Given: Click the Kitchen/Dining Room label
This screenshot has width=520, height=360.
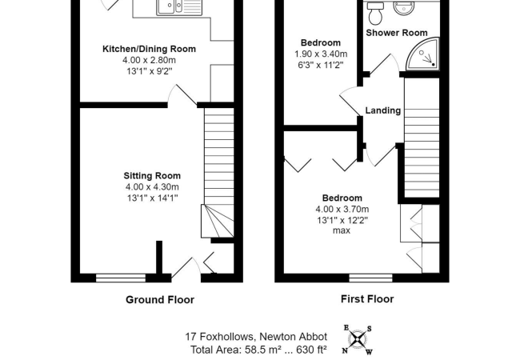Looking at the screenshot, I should click(x=149, y=49).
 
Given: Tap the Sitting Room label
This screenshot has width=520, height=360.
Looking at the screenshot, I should click(x=152, y=176).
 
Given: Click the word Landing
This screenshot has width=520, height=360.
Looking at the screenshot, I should click(x=382, y=110).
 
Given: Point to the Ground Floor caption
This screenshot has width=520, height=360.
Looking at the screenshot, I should click(x=160, y=300).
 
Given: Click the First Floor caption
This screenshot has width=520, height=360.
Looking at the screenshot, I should click(x=361, y=299).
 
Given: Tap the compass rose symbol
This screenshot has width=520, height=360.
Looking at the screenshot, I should click(x=358, y=339).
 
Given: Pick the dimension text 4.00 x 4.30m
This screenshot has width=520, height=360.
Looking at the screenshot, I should click(x=152, y=187).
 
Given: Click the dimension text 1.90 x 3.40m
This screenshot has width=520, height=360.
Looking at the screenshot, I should click(x=320, y=54).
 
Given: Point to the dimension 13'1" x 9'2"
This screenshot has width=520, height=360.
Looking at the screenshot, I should click(x=149, y=71).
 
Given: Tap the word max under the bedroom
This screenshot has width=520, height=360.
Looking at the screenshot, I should click(x=342, y=232).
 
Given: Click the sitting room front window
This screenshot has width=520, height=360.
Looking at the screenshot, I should click(x=121, y=278).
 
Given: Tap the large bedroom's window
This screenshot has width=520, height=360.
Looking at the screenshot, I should click(x=370, y=278).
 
